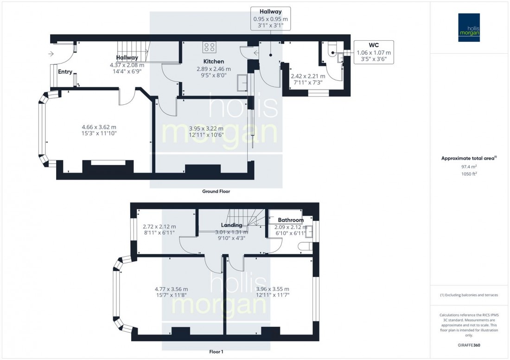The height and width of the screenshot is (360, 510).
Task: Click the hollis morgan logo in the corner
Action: tap(470, 27)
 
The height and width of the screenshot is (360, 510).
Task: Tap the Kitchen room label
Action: tap(213, 61)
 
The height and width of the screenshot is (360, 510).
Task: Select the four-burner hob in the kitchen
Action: tap(209, 47)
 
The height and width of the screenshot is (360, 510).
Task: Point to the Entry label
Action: tap(65, 71)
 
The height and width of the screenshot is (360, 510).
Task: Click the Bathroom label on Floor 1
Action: tap(291, 220)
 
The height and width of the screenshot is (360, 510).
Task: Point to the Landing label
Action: tap(231, 225)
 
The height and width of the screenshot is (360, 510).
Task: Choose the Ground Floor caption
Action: tap(216, 191)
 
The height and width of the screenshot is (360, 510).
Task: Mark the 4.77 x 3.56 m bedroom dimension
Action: tap(171, 289)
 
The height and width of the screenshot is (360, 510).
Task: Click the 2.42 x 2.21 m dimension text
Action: tap(307, 76)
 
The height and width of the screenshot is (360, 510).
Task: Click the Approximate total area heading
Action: tap(469, 158)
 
